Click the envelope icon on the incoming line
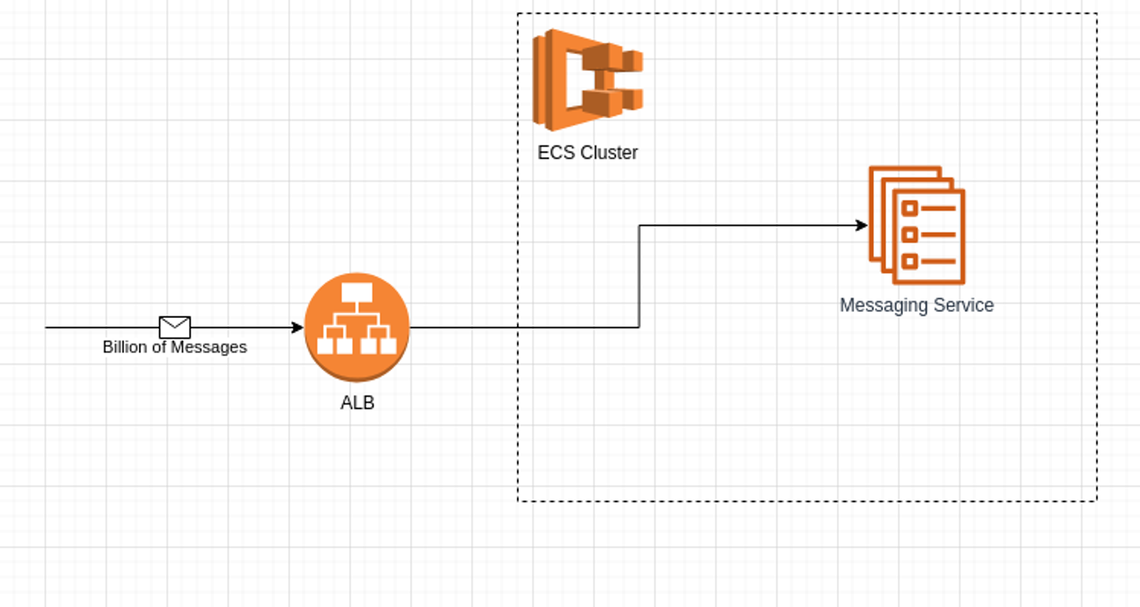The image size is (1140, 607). click(175, 327)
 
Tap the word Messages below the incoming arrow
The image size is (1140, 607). click(208, 348)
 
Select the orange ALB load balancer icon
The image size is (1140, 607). click(357, 327)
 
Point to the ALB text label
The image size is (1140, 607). click(357, 403)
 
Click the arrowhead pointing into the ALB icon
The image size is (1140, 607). click(298, 328)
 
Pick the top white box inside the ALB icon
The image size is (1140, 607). click(356, 293)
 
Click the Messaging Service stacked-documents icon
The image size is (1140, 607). click(917, 225)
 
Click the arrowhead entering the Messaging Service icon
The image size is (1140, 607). click(862, 225)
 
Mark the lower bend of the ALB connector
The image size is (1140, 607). click(639, 328)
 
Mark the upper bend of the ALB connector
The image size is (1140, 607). click(639, 225)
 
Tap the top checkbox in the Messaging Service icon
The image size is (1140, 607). click(909, 208)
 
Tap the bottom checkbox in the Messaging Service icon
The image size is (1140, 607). click(909, 261)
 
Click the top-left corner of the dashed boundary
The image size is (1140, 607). click(518, 14)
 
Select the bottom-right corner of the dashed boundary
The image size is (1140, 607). click(1097, 501)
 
